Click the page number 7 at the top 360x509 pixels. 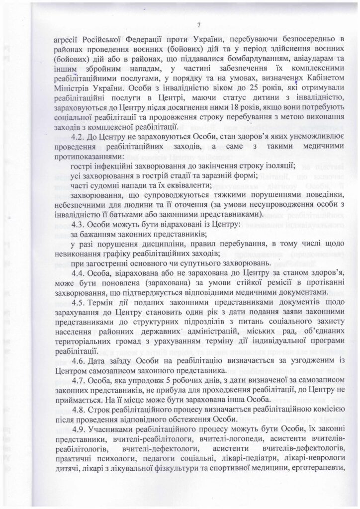click(198, 25)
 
